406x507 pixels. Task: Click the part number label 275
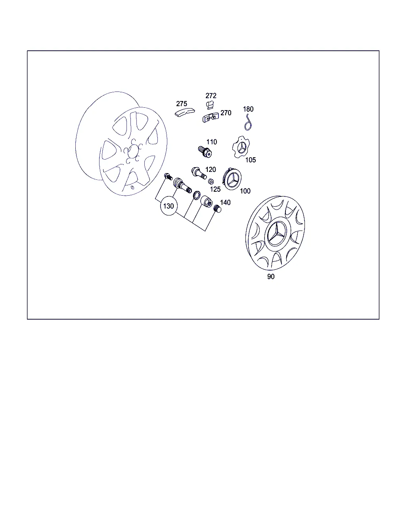[182, 104]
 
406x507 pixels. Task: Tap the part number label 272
[211, 95]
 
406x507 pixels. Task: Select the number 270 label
[226, 113]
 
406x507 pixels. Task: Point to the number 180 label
[248, 109]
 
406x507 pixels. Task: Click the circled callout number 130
[169, 206]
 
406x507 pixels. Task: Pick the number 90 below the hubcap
[271, 276]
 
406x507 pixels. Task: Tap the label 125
[215, 189]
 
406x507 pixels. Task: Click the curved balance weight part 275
[185, 112]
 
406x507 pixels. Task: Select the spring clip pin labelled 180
[248, 122]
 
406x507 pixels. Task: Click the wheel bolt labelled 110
[205, 152]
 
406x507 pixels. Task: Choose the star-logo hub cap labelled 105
[241, 147]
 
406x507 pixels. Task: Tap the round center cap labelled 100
[232, 179]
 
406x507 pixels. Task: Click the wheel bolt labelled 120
[199, 173]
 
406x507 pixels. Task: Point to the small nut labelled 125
[211, 181]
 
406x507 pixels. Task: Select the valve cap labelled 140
[217, 209]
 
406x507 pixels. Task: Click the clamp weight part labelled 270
[211, 118]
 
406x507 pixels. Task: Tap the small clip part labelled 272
[209, 105]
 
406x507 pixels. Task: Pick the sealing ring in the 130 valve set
[197, 195]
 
